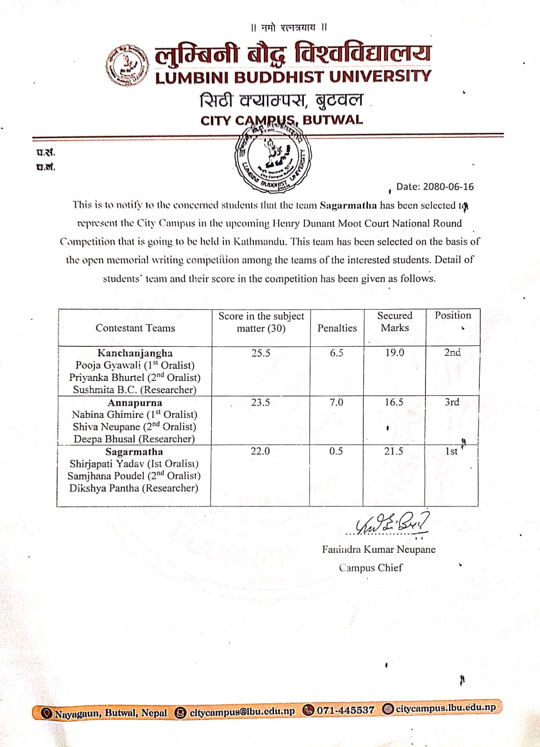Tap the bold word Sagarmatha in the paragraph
(x=348, y=205)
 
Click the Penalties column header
(x=337, y=328)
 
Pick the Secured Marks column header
(x=395, y=322)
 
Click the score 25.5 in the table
(x=260, y=353)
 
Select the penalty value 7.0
(x=336, y=402)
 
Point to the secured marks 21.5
(x=394, y=451)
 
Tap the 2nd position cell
(x=452, y=352)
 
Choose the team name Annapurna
(x=135, y=402)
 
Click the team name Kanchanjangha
(x=135, y=353)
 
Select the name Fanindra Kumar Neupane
(x=378, y=550)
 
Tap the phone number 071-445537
(x=346, y=710)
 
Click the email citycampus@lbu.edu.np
(x=242, y=712)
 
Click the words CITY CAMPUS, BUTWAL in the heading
(x=281, y=120)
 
